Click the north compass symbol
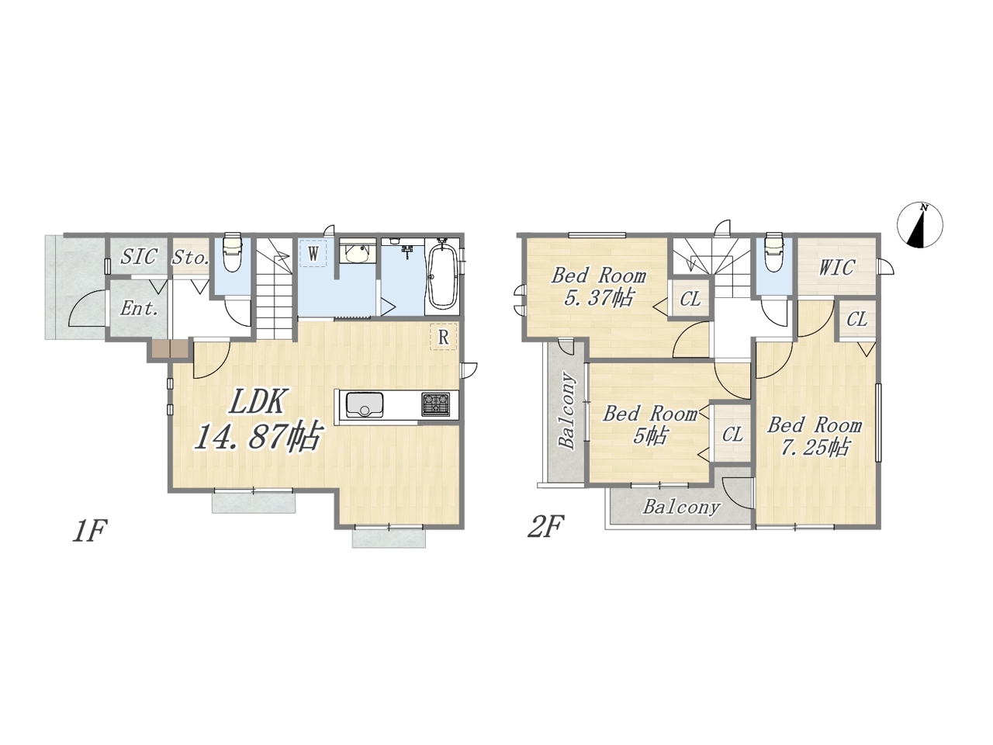pos(920,225)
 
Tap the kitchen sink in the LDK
pos(364,404)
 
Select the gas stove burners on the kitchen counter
pos(436,404)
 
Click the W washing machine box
pos(313,254)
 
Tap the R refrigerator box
pos(443,337)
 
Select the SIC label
pos(138,256)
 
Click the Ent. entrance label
pos(139,309)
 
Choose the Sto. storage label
pos(191,258)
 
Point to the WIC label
pos(836,267)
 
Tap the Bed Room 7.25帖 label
pos(815,436)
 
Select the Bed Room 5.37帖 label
pos(598,287)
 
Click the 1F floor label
pos(89,531)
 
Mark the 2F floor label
pos(546,527)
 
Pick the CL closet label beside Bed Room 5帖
pos(732,435)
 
